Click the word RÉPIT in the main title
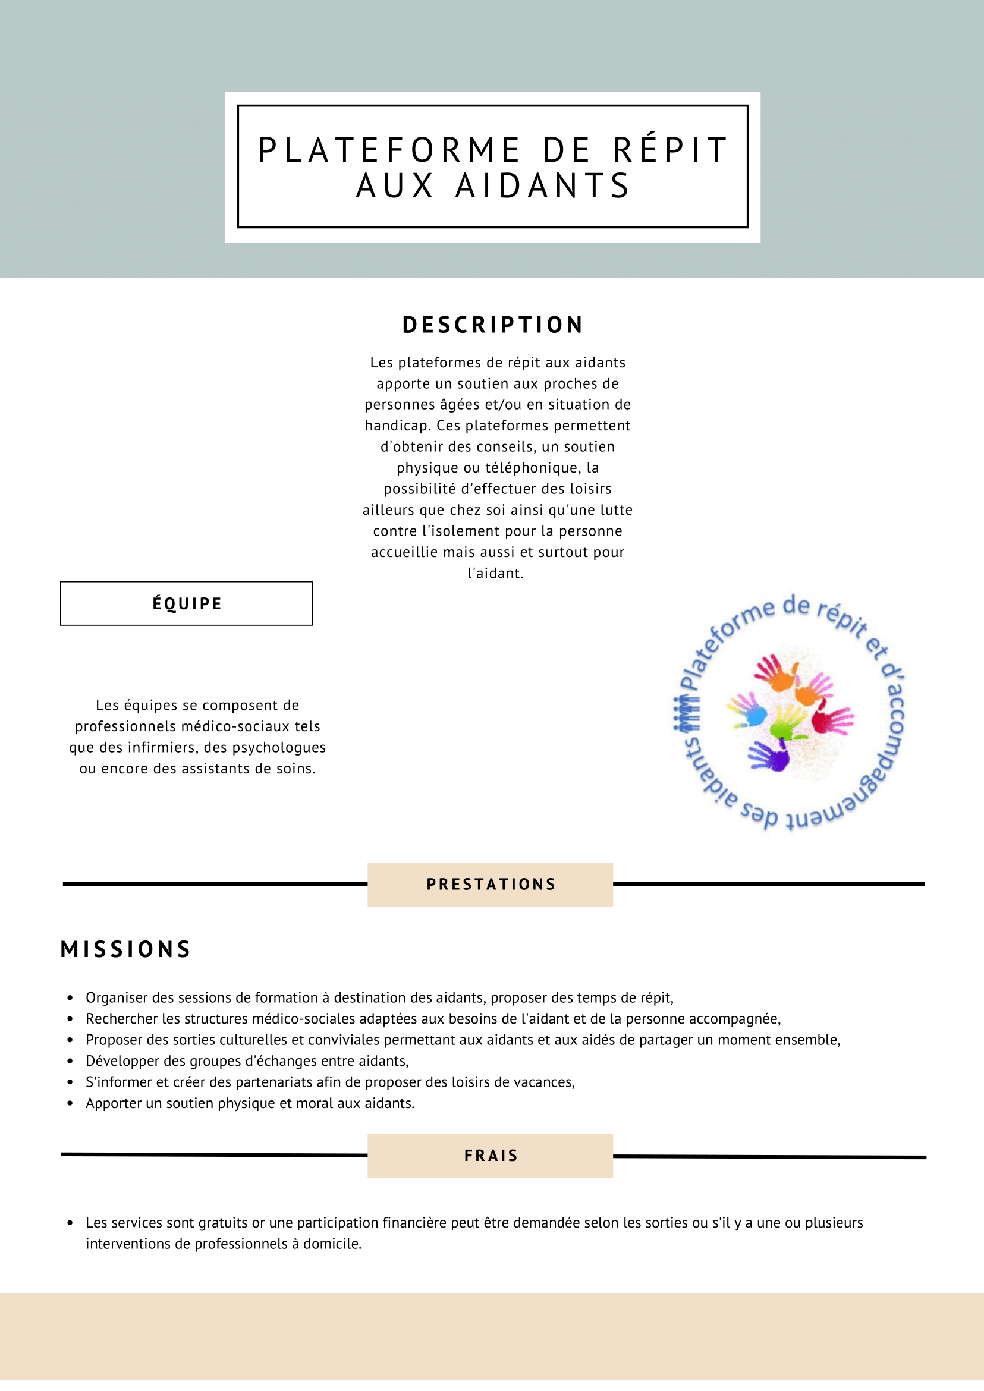tap(669, 150)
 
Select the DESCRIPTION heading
tap(493, 325)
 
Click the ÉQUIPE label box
tap(187, 603)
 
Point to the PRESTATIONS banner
tap(490, 884)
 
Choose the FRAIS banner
tap(490, 1156)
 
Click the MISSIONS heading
tap(125, 949)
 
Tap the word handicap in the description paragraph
tap(397, 425)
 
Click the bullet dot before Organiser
tap(70, 998)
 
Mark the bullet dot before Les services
tap(70, 1223)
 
